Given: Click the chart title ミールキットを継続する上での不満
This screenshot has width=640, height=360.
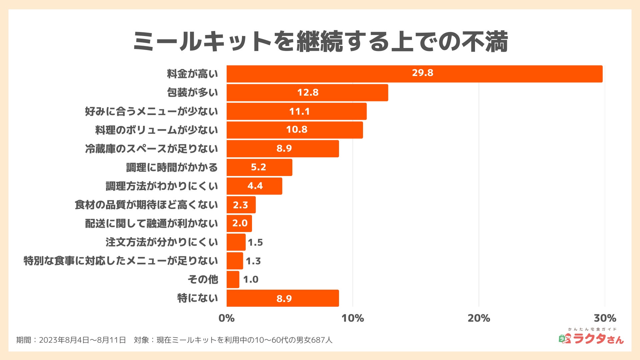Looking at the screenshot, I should click(320, 42).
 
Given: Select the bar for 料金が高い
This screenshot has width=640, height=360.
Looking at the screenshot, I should click(414, 74).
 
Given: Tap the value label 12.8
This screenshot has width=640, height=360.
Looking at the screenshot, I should click(308, 92).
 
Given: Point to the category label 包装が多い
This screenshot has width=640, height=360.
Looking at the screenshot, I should click(192, 92).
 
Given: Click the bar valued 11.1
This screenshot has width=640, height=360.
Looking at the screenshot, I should click(296, 111).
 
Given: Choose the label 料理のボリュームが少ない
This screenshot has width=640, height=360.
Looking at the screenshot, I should click(156, 130).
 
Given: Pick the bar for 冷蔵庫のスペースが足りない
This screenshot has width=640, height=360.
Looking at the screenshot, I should click(283, 149).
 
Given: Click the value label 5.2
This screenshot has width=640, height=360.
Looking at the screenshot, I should click(258, 167).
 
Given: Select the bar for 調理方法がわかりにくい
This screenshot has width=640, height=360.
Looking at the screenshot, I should click(254, 186).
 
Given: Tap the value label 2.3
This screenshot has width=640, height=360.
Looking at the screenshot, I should click(240, 205).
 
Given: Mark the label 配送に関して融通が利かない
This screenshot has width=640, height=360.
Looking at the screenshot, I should click(151, 223).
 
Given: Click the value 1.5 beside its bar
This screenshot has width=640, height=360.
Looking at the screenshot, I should click(255, 242).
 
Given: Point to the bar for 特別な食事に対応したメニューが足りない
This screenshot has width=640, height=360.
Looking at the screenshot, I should click(235, 261).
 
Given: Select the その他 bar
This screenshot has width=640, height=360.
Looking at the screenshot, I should click(233, 279).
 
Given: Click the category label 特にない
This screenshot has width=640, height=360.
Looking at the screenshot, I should click(197, 298).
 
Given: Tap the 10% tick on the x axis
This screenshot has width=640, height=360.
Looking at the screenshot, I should click(353, 318).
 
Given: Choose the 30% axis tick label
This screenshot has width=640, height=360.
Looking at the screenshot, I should click(605, 318).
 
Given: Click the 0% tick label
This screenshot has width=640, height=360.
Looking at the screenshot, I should click(227, 318).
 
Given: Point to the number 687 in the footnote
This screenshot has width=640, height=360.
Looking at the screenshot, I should click(318, 340).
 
